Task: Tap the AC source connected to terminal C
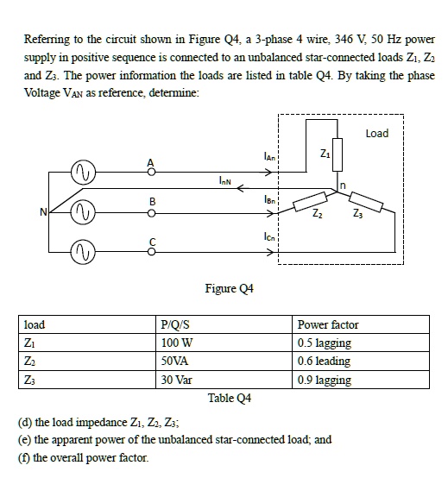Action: click(x=89, y=251)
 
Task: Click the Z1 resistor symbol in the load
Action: click(x=338, y=157)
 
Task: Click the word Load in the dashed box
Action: click(x=377, y=134)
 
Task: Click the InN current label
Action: click(x=225, y=181)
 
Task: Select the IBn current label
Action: click(x=269, y=198)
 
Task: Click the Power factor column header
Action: click(x=327, y=325)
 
